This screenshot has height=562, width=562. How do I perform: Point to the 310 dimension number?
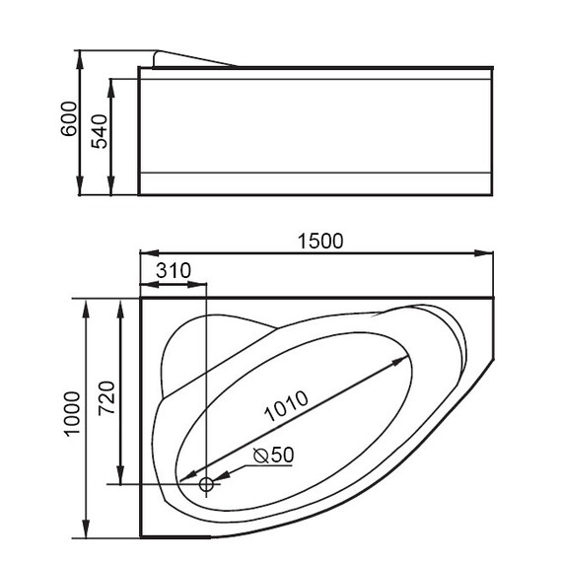(173, 269)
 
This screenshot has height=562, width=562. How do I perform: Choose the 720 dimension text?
(108, 394)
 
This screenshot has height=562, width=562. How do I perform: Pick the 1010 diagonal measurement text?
(286, 407)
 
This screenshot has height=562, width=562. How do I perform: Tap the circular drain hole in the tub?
(207, 484)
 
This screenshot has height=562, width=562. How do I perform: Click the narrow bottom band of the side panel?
(316, 183)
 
